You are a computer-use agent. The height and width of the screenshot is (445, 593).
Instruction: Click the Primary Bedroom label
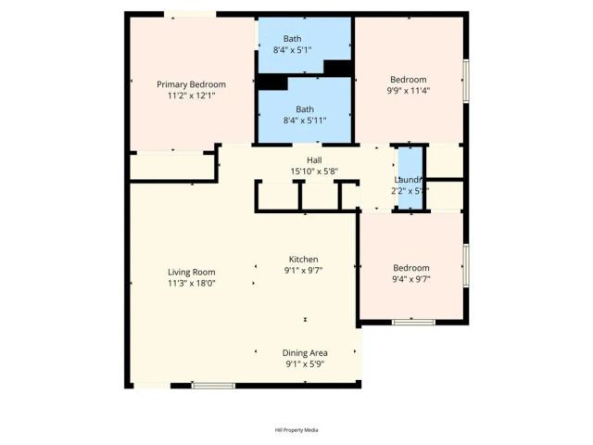(x=191, y=84)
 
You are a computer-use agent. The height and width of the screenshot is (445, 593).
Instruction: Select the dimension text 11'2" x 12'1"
(x=191, y=95)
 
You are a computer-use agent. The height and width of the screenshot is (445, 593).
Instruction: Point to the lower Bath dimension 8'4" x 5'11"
(x=305, y=120)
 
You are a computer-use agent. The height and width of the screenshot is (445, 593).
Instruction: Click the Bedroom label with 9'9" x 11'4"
(x=408, y=80)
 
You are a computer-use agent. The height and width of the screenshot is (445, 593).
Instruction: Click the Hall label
(x=301, y=159)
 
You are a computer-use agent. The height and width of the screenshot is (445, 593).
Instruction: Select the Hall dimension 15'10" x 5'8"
(x=301, y=171)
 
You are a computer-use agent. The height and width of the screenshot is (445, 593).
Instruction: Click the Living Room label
(x=191, y=273)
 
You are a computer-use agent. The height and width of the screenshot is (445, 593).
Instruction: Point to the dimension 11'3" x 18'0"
(x=191, y=284)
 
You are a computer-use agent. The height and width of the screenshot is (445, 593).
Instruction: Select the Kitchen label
(x=304, y=260)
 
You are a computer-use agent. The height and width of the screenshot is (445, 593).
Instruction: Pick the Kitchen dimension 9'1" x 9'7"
(x=304, y=271)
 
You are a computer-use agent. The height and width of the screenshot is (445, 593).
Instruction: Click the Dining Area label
(x=305, y=353)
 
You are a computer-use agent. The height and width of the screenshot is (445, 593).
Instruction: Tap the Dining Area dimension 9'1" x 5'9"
(x=305, y=364)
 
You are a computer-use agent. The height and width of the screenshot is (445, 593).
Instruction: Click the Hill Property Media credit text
(x=296, y=430)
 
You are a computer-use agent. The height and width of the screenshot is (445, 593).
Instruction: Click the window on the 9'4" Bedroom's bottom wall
(x=413, y=323)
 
